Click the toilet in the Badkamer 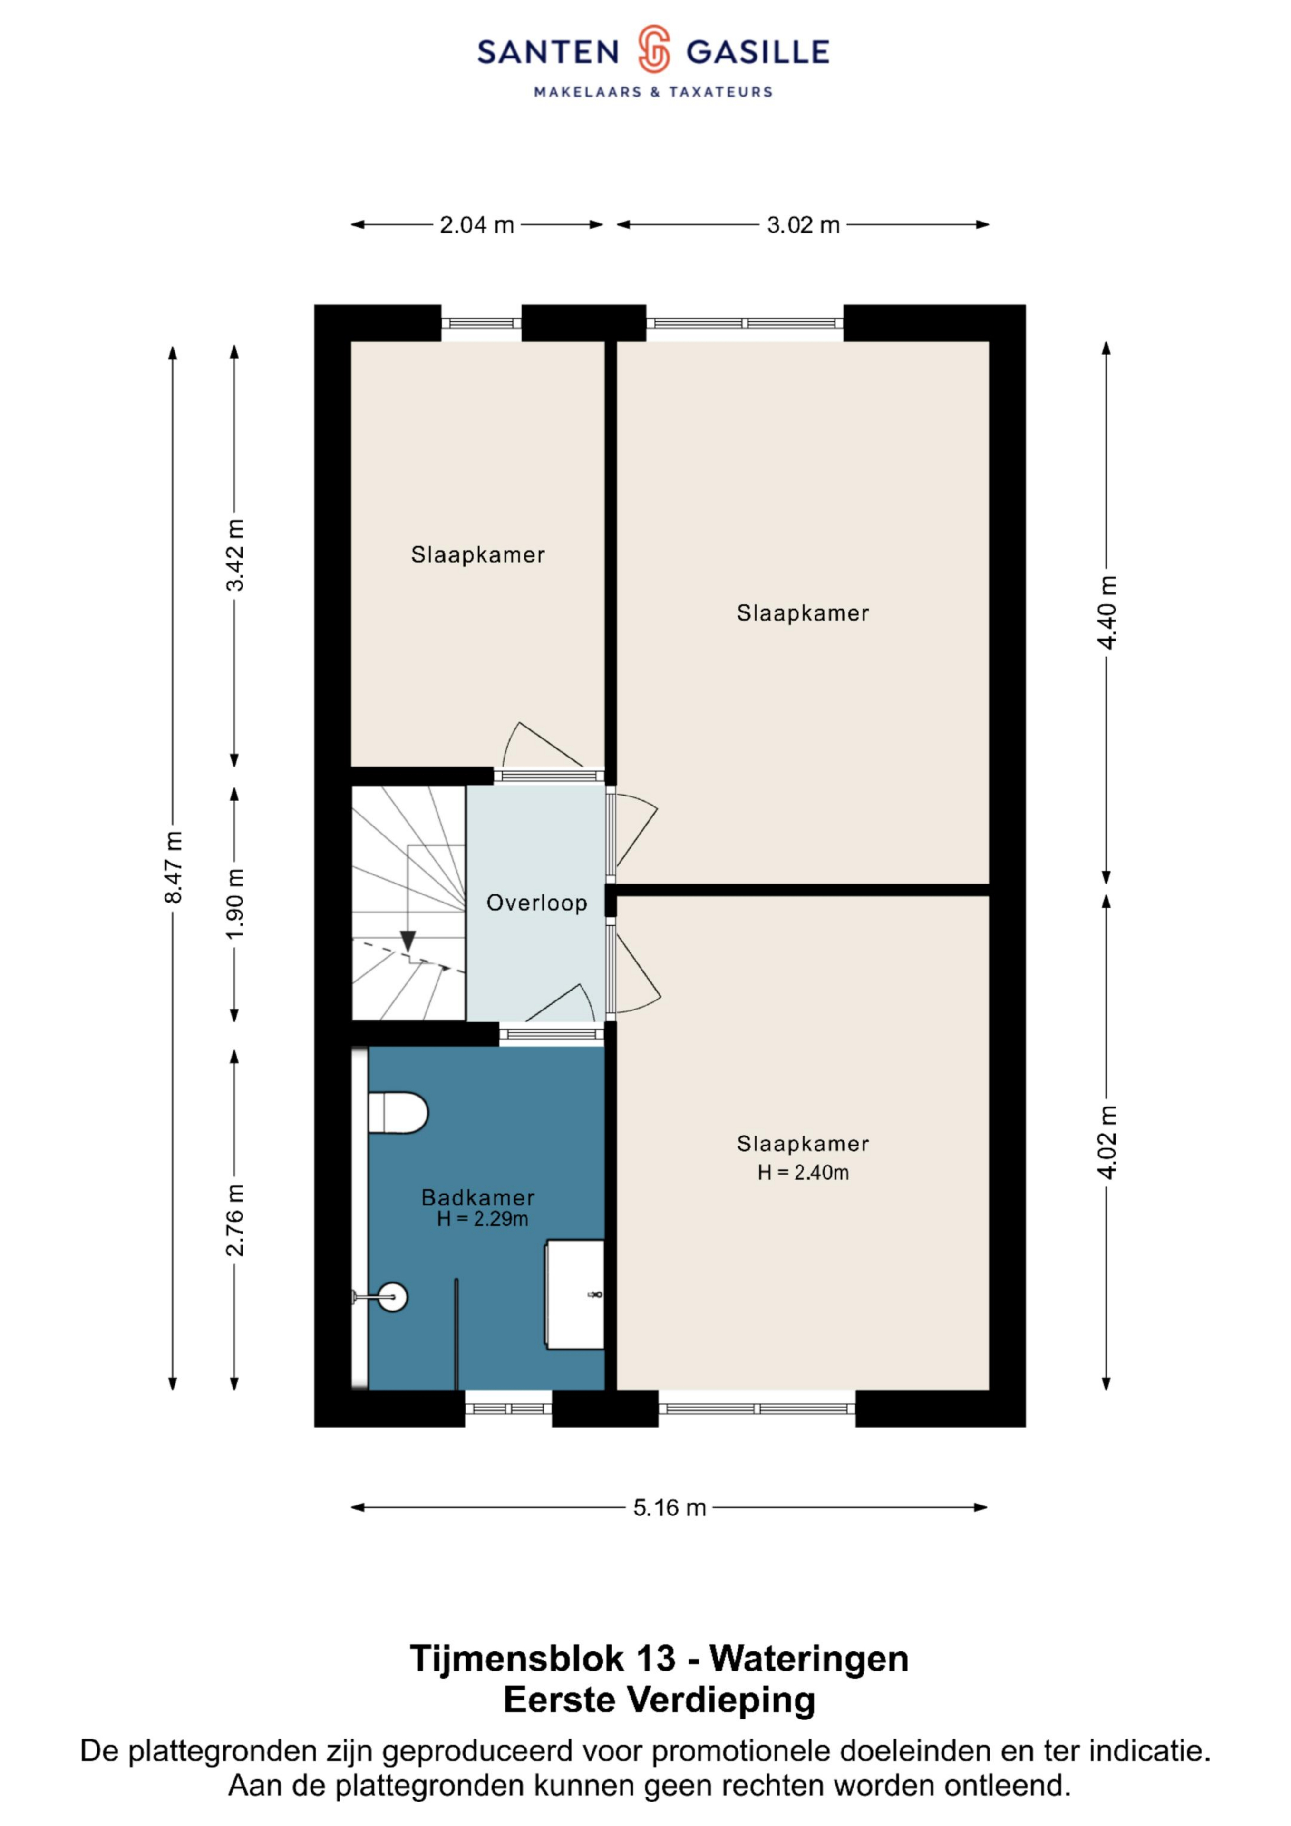point(398,1112)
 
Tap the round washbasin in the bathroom point(392,1297)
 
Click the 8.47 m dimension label point(174,867)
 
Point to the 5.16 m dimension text point(670,1508)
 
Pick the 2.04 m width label point(477,225)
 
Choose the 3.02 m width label point(804,225)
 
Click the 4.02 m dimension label point(1107,1141)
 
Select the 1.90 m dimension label point(235,903)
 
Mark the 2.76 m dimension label point(235,1219)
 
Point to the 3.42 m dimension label point(235,554)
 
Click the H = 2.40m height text point(804,1173)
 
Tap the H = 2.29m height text point(483,1219)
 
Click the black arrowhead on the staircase point(408,941)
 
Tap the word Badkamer point(478,1198)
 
